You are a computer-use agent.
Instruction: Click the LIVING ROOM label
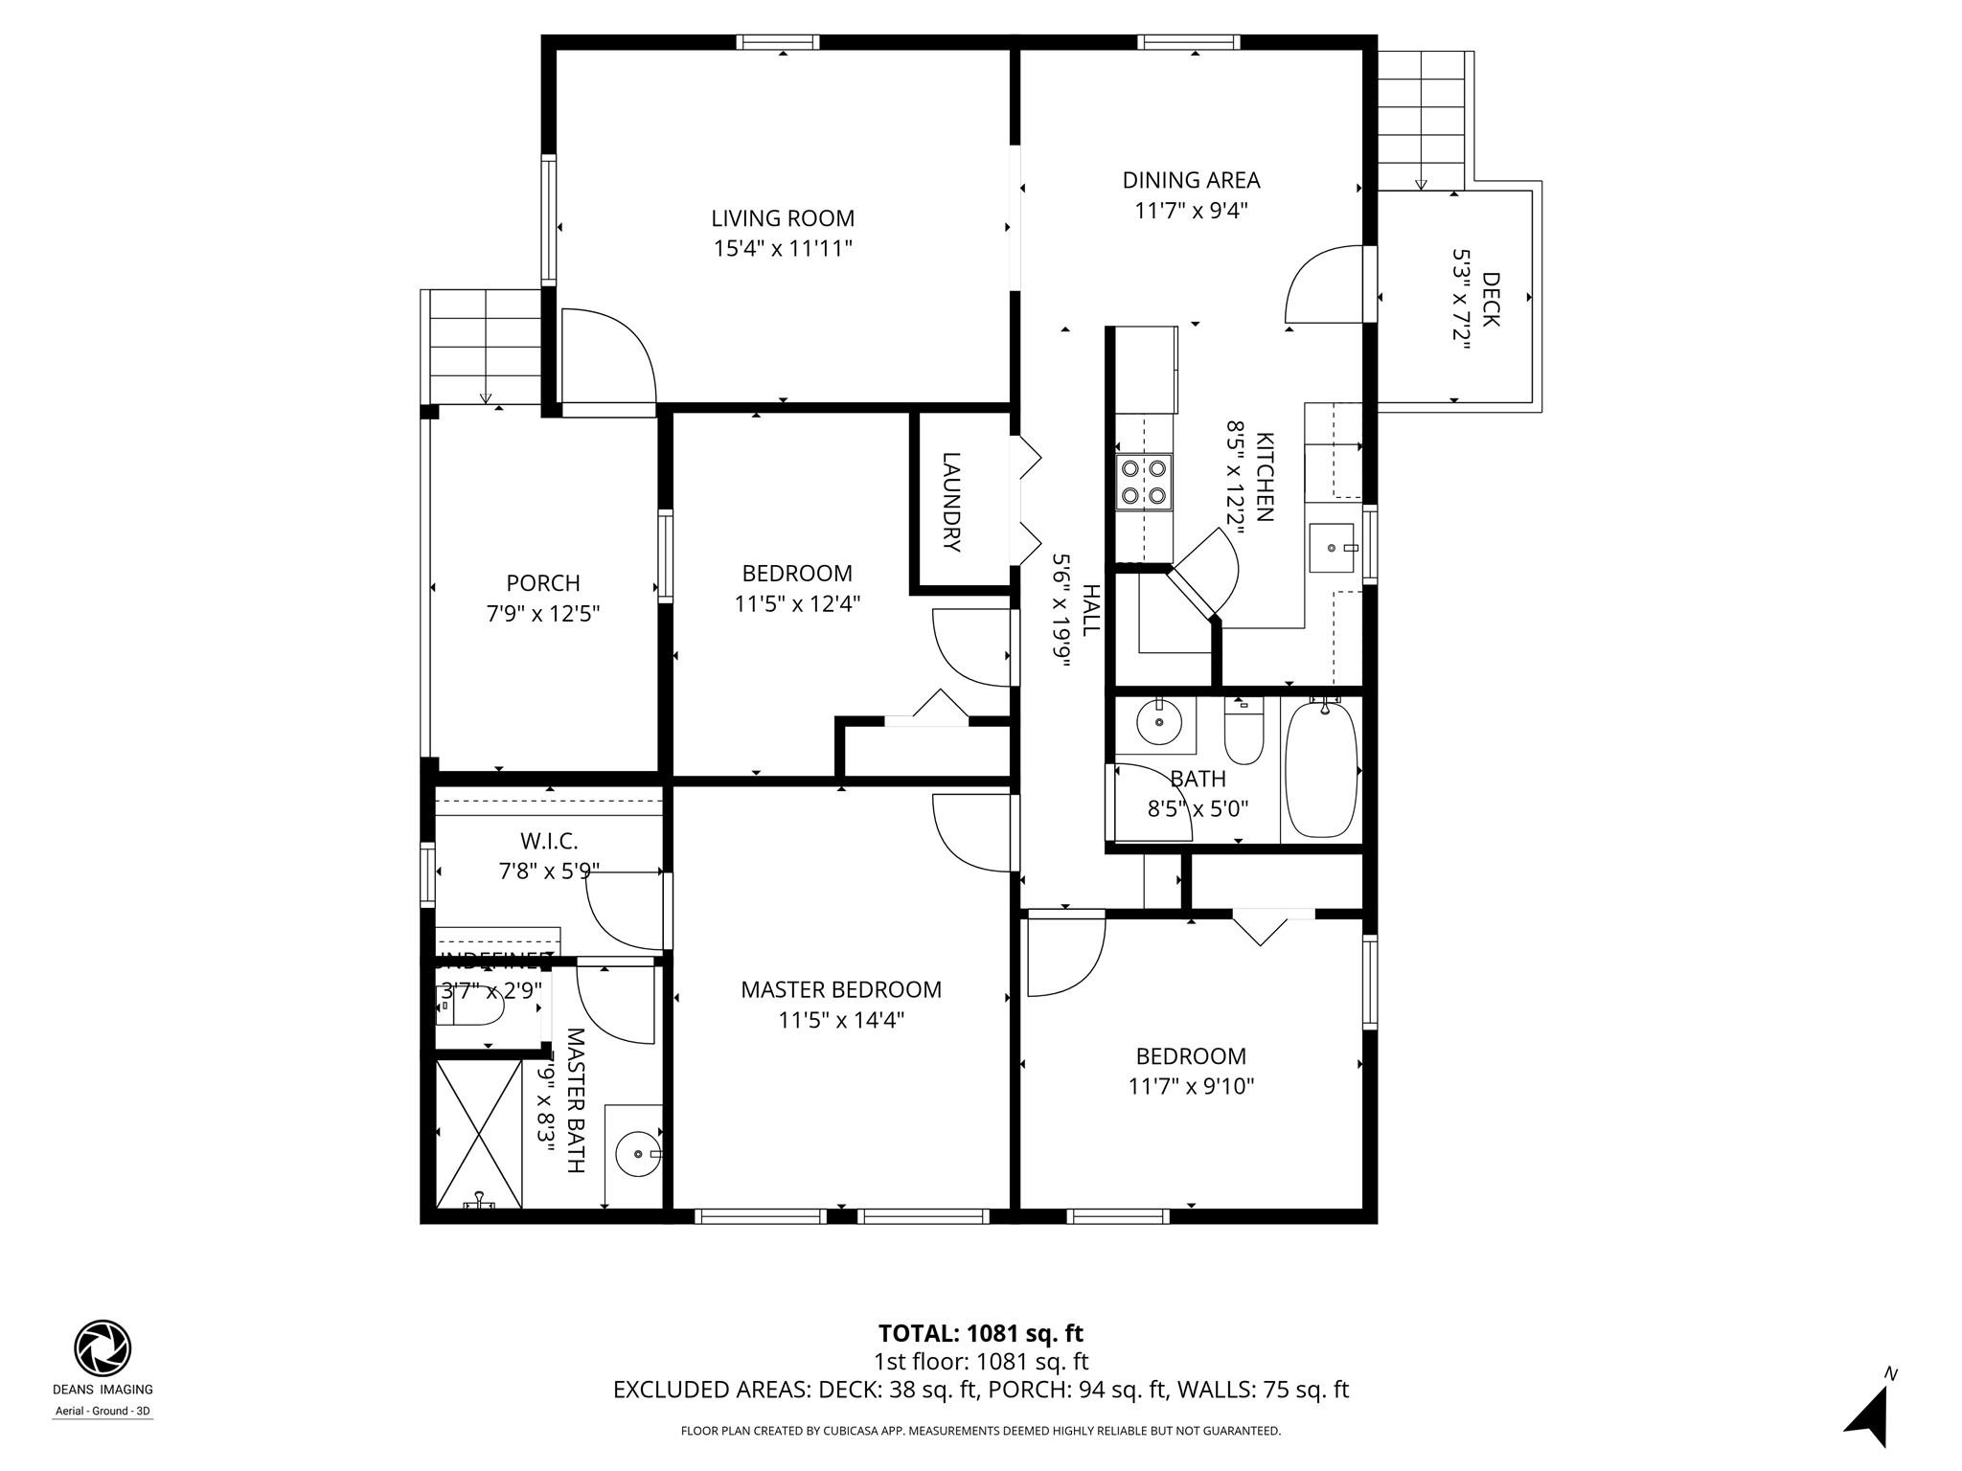pyautogui.click(x=782, y=218)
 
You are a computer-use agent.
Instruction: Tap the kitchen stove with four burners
pyautogui.click(x=1145, y=482)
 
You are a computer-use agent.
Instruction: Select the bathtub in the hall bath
pyautogui.click(x=1321, y=768)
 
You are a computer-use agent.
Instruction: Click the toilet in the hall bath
pyautogui.click(x=1243, y=732)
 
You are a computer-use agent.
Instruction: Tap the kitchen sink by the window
pyautogui.click(x=1332, y=548)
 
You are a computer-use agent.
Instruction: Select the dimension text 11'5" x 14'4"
pyautogui.click(x=841, y=1020)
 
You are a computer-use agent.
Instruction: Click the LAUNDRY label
pyautogui.click(x=951, y=502)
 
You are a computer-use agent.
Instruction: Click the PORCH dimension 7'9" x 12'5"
pyautogui.click(x=543, y=613)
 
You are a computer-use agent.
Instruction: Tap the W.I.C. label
pyautogui.click(x=549, y=841)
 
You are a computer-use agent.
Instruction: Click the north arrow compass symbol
pyautogui.click(x=1870, y=1414)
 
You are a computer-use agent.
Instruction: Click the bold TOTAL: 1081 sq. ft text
pyautogui.click(x=980, y=1333)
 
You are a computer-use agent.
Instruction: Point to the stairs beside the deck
pyautogui.click(x=1421, y=121)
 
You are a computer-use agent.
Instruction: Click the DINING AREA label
pyautogui.click(x=1191, y=180)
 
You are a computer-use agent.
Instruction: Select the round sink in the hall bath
pyautogui.click(x=1159, y=723)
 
